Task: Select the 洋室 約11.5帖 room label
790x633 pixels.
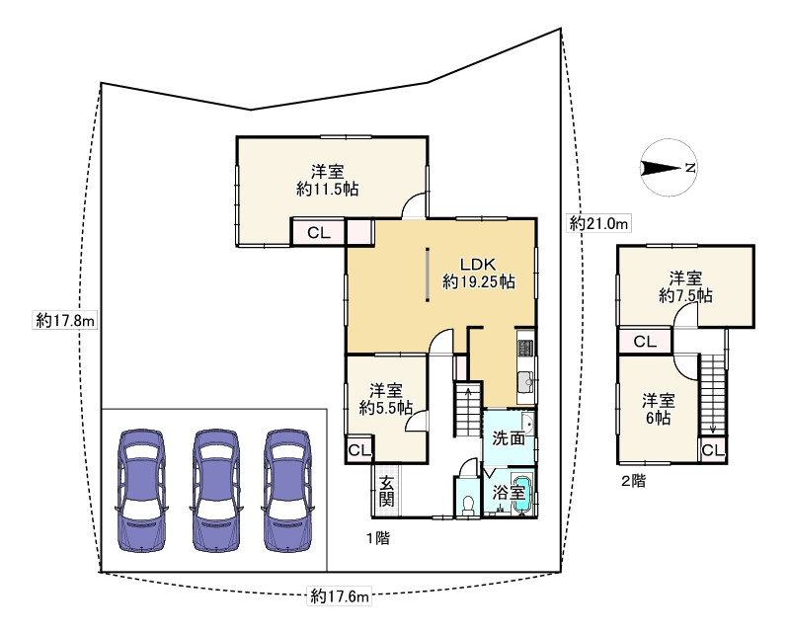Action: pyautogui.click(x=327, y=180)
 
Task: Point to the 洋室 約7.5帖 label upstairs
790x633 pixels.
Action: pyautogui.click(x=685, y=286)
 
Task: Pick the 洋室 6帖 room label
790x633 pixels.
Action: pyautogui.click(x=659, y=409)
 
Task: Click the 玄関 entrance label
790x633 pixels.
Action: pyautogui.click(x=386, y=491)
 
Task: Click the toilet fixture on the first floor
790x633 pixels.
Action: pyautogui.click(x=468, y=503)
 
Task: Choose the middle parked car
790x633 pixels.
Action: pyautogui.click(x=216, y=489)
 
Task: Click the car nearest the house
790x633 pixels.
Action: pyautogui.click(x=287, y=489)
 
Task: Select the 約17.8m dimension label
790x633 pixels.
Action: pyautogui.click(x=65, y=320)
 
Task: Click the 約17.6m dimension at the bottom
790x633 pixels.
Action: pyautogui.click(x=339, y=595)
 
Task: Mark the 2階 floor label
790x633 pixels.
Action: pyautogui.click(x=633, y=482)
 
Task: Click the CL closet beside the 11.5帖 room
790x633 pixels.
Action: pyautogui.click(x=317, y=233)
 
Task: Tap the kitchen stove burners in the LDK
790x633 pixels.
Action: pyautogui.click(x=525, y=348)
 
